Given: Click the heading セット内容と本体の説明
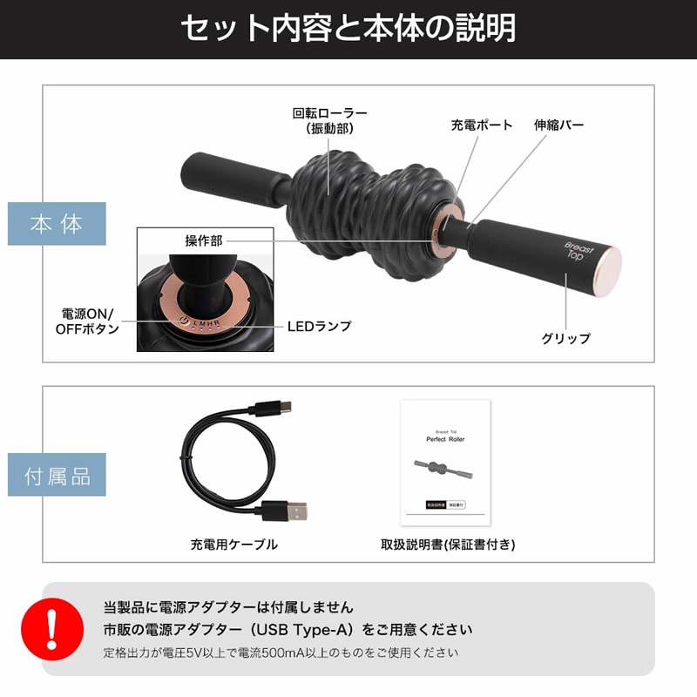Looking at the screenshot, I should pos(348,29).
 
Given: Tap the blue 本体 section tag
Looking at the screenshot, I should pos(57,224).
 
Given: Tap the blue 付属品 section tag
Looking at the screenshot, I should pos(57,475).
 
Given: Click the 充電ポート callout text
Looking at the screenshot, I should pos(482,125).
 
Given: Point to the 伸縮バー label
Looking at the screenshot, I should pos(558,125).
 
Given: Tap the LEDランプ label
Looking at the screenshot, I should pos(320,327).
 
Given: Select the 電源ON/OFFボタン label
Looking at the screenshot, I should pos(91,321).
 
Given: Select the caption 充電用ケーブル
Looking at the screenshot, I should pos(234,545).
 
